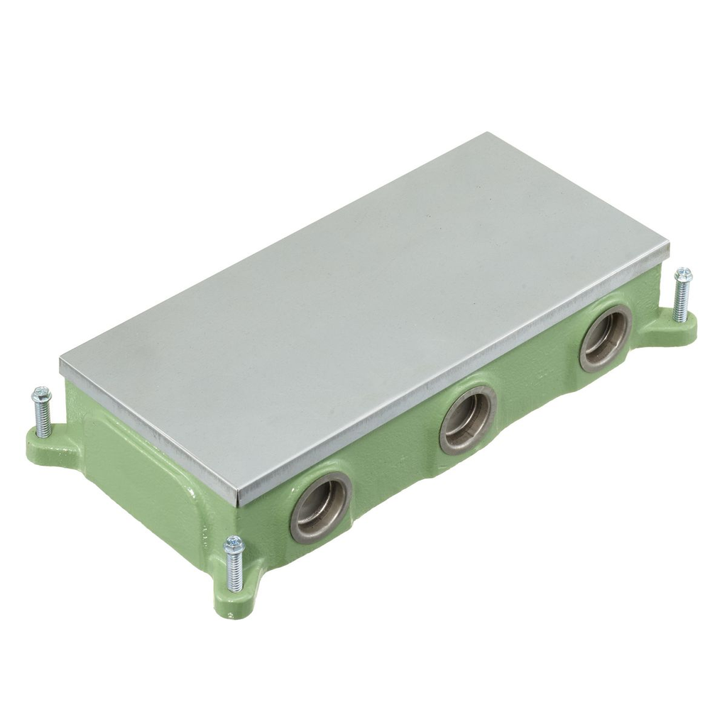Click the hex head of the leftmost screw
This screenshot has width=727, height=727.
click(x=41, y=393)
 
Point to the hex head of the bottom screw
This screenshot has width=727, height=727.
click(x=234, y=545)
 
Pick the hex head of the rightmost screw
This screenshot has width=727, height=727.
click(x=683, y=274)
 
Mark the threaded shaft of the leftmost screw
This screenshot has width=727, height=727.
click(x=43, y=419)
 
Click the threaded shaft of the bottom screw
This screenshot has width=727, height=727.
click(x=235, y=572)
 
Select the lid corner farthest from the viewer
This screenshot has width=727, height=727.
click(x=487, y=134)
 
